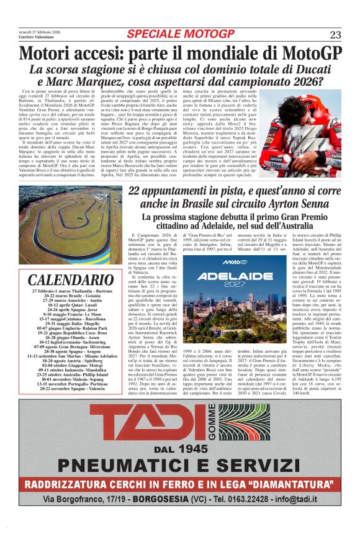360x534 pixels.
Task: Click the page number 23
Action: (335, 34)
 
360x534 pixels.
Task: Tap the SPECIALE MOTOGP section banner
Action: (179, 34)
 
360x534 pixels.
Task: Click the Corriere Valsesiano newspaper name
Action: (38, 38)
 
